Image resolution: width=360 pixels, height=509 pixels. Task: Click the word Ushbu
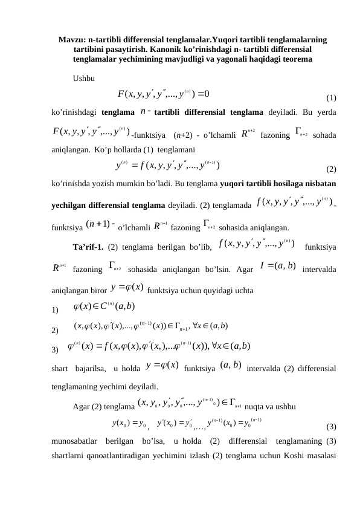click(83, 79)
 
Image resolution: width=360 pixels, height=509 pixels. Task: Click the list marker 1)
click(56, 312)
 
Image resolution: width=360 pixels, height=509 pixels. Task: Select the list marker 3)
click(56, 349)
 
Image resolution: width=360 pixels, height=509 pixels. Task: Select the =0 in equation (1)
click(202, 93)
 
